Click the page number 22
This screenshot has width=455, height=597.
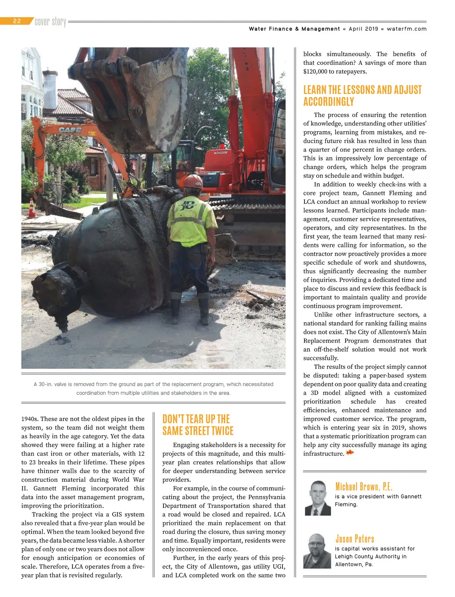[17, 21]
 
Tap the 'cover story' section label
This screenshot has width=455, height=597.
[50, 22]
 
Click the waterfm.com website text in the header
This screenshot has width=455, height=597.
[406, 29]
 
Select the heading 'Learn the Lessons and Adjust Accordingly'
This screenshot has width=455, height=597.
[362, 96]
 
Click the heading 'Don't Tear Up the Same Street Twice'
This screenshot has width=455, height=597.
[198, 425]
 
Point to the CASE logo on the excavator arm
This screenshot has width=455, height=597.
[70, 130]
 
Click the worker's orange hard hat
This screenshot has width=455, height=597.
[193, 180]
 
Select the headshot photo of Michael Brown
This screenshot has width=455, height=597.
[318, 498]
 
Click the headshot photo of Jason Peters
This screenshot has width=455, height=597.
[317, 550]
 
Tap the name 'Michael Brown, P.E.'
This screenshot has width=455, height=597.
[363, 486]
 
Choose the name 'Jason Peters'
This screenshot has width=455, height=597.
[355, 539]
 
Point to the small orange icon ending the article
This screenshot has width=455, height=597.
[350, 453]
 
